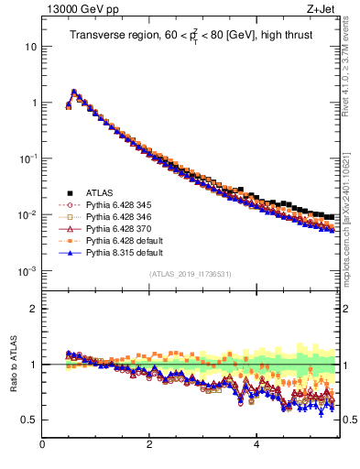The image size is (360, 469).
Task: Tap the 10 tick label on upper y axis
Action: pyautogui.click(x=30, y=46)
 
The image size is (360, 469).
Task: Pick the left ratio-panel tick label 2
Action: pyautogui.click(x=33, y=309)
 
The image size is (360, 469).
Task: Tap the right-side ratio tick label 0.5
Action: pyautogui.click(x=349, y=420)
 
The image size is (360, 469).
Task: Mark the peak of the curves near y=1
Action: pyautogui.click(x=73, y=92)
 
